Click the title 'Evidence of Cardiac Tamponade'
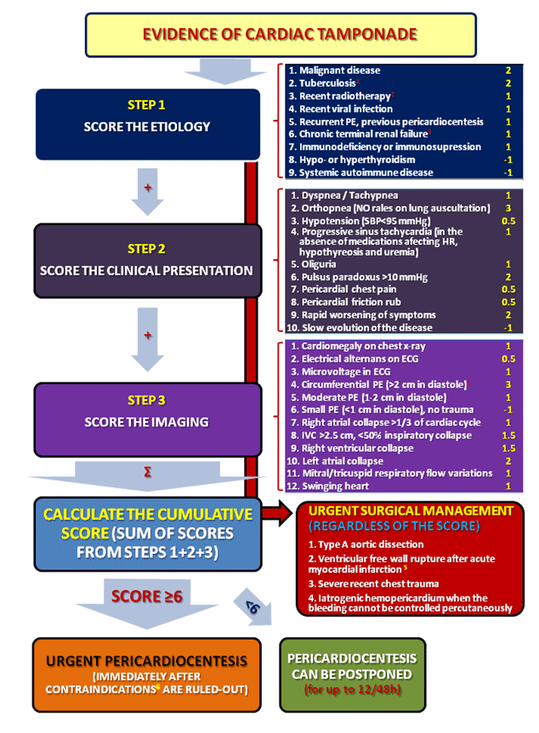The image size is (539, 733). point(269,35)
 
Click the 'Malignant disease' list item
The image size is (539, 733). point(333,70)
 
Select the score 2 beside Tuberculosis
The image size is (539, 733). point(508,83)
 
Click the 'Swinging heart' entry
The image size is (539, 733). point(330,486)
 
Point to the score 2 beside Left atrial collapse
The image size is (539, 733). point(508,460)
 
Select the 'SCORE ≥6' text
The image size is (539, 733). point(148,597)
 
